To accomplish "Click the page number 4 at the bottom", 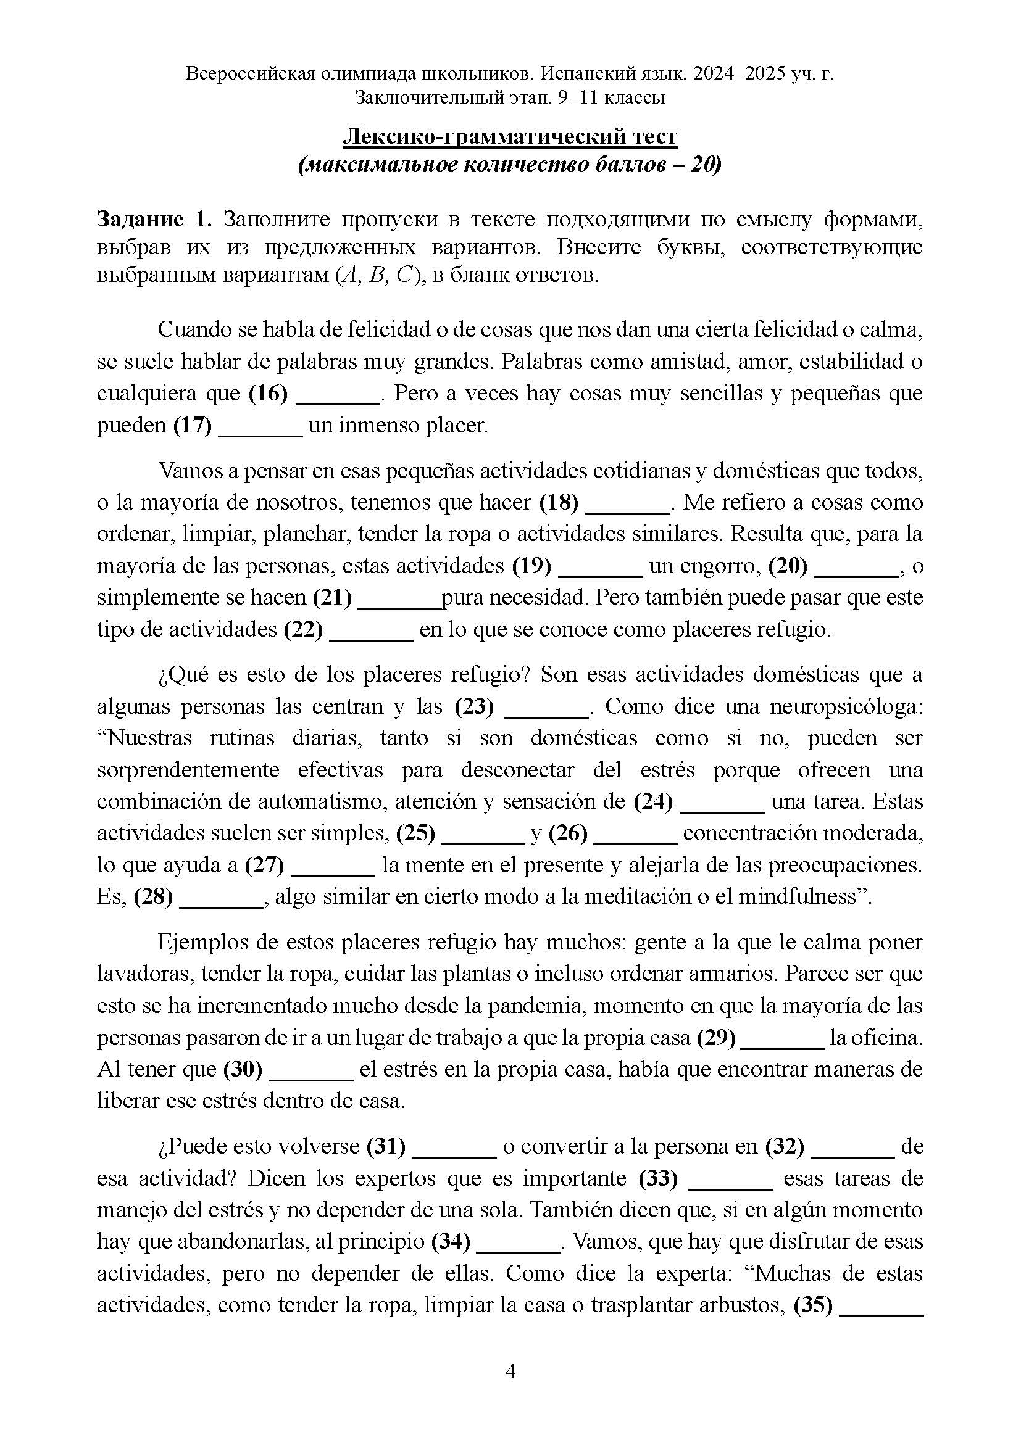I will point(511,1371).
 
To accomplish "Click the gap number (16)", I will point(269,394).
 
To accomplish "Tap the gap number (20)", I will point(788,566).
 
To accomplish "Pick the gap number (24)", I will point(653,802).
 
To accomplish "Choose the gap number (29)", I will point(717,1038).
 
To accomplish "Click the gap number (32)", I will point(785,1147).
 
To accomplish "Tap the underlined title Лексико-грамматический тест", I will point(510,136).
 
